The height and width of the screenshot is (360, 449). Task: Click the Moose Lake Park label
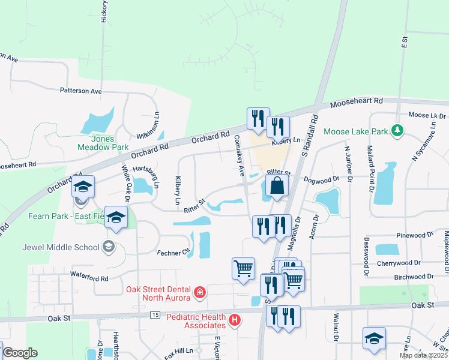[x=356, y=131]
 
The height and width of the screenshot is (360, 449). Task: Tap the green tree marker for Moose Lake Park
[x=396, y=130]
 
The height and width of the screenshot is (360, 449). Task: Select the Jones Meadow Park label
[x=103, y=142]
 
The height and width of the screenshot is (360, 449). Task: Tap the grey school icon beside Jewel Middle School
[x=108, y=246]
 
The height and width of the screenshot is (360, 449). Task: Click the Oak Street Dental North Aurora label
[x=158, y=293]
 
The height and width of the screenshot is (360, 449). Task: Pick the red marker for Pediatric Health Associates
[x=235, y=321]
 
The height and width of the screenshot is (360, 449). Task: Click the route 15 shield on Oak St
[x=155, y=315]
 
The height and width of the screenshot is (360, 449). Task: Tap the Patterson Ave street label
[x=80, y=91]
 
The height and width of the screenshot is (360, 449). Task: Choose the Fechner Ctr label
[x=173, y=253]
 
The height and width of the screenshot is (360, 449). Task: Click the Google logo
[x=20, y=353]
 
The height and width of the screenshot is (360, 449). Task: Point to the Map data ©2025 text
[x=423, y=355]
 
